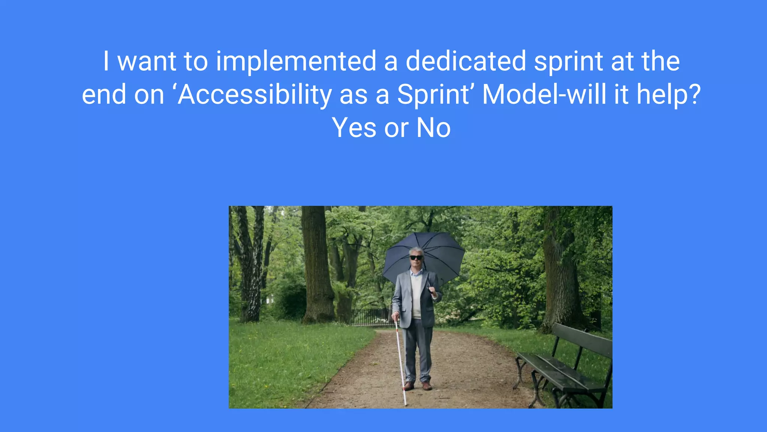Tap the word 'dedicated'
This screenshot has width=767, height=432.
tap(466, 61)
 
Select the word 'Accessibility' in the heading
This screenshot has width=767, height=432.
tap(255, 94)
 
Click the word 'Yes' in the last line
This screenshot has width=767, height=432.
tap(354, 128)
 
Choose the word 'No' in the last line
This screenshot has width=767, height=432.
tap(433, 128)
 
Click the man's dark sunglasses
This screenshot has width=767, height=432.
tap(416, 258)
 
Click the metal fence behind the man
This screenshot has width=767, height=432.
tap(369, 317)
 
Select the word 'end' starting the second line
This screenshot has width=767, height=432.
tap(104, 94)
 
